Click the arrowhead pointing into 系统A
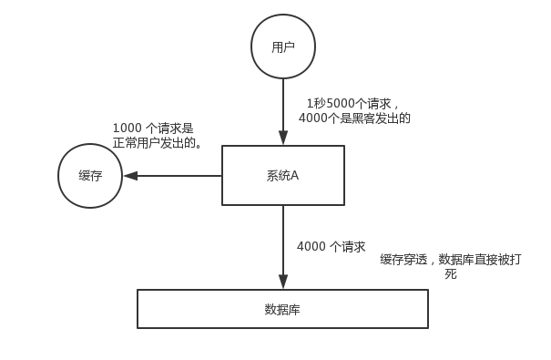coord(283,138)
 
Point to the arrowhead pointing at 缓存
coord(130,176)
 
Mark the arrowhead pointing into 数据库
coord(283,282)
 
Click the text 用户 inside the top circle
coord(283,46)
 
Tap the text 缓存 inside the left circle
coord(90,176)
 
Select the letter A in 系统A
coord(294,175)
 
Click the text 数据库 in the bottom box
coord(282,310)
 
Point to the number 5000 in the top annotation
coord(341,104)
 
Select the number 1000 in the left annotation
coord(128,128)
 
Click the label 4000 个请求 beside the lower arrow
coord(332,247)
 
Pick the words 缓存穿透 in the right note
coord(403,260)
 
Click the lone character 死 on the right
coord(451,273)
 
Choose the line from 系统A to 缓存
coord(172,176)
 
